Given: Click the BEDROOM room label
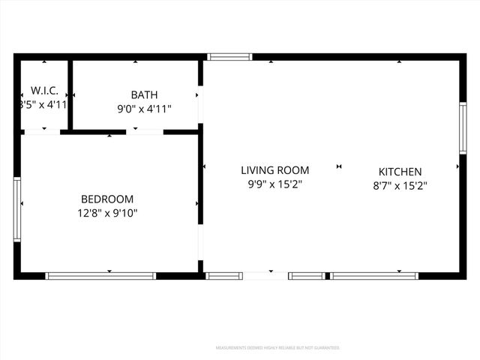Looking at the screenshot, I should pos(107,199).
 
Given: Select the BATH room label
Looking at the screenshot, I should pos(144,94).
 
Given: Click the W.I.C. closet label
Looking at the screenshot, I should pos(44,90).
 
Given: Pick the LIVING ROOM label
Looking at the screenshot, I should pos(274,170).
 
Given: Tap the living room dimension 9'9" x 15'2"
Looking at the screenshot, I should pos(274,184).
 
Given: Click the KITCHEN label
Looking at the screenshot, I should pos(400,172).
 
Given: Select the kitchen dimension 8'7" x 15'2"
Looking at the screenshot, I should pos(400,185).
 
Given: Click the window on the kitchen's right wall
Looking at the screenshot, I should pos(463,128).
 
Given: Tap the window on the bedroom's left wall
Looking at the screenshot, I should pos(17,208).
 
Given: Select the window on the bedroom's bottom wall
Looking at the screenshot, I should pos(100,276).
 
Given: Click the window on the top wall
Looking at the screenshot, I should pos(229,56).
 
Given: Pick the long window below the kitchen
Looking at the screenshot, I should pos(374,276).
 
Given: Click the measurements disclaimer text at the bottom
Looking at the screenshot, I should pos(277,348).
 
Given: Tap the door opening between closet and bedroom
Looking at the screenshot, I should pos(43,132).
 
